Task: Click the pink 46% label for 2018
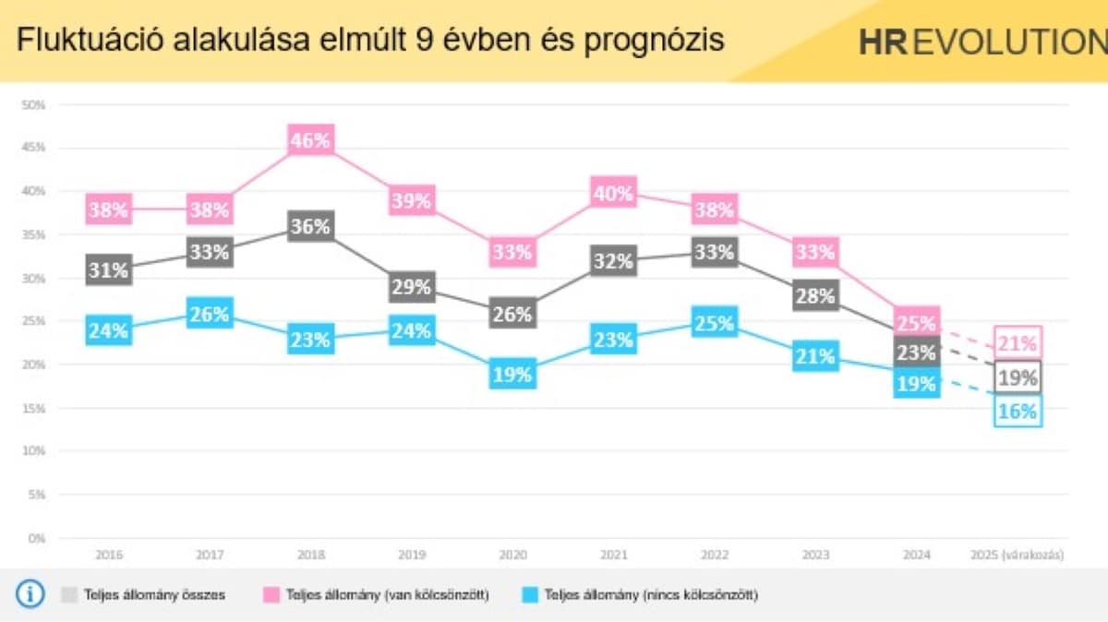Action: pos(310,141)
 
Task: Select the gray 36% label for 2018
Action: pos(310,226)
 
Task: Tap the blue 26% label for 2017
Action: pos(210,315)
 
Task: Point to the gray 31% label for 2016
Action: pos(108,269)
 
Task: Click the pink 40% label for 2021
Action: pos(614,193)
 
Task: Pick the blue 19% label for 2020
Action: pos(512,375)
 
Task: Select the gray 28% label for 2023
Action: pos(815,295)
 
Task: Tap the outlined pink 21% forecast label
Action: pos(1018,343)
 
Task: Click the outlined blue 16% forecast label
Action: pos(1018,412)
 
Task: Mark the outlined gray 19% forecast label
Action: pos(1018,377)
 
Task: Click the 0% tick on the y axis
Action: pos(37,538)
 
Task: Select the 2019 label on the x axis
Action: pos(412,556)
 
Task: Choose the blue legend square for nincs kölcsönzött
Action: pos(529,594)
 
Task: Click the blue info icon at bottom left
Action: pos(30,594)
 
